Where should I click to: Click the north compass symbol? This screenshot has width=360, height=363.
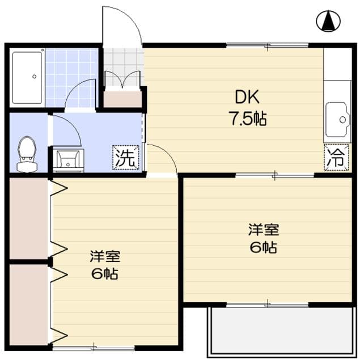coord(327,21)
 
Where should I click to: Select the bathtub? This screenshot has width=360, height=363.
coord(27,77)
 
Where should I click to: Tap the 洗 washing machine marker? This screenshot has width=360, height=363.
coord(125,157)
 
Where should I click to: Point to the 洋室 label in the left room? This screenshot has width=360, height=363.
coord(105,256)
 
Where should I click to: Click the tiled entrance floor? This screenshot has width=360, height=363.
coord(122,60)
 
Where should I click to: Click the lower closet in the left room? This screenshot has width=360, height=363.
coord(28,304)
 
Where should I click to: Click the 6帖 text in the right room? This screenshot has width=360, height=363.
coord(263,248)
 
